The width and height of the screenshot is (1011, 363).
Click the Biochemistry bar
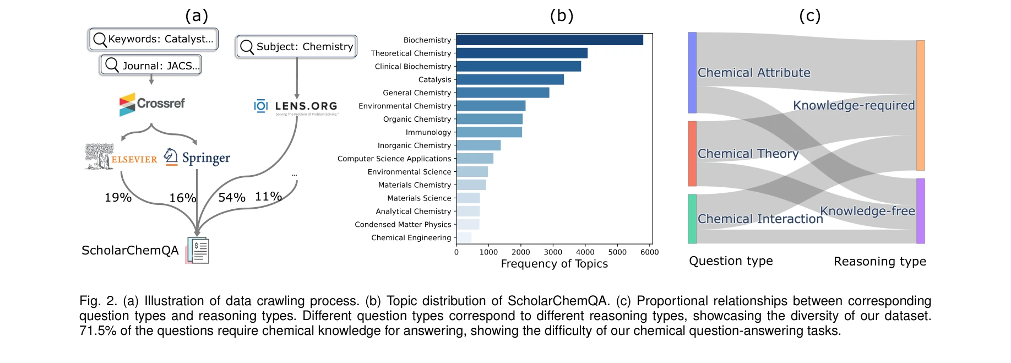[x=550, y=40]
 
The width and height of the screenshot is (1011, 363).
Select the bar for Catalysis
[x=510, y=80]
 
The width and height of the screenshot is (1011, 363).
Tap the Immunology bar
[x=489, y=132]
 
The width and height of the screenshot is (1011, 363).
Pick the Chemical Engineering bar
[x=464, y=237]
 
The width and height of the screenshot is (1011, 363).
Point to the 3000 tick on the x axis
[x=553, y=252]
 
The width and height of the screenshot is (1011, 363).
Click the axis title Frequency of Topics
[x=554, y=264]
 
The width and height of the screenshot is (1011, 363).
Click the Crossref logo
[x=152, y=104]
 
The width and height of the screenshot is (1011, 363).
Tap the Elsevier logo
[x=121, y=157]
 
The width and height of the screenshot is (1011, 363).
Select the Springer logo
[x=197, y=158]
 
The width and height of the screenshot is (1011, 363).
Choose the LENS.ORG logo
[x=296, y=106]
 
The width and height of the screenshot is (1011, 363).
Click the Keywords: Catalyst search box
[x=153, y=40]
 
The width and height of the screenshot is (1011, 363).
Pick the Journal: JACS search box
[x=151, y=65]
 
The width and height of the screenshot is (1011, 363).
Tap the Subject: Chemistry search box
[x=297, y=47]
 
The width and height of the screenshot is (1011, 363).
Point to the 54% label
[x=232, y=198]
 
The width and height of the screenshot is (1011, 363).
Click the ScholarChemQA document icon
[x=198, y=251]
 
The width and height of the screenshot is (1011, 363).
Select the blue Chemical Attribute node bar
[x=692, y=73]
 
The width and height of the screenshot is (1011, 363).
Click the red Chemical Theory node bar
[x=692, y=154]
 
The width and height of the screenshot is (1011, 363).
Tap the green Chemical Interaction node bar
[x=692, y=219]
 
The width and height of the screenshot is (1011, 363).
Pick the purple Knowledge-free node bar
[x=920, y=211]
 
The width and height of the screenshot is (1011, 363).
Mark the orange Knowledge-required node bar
[x=920, y=105]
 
